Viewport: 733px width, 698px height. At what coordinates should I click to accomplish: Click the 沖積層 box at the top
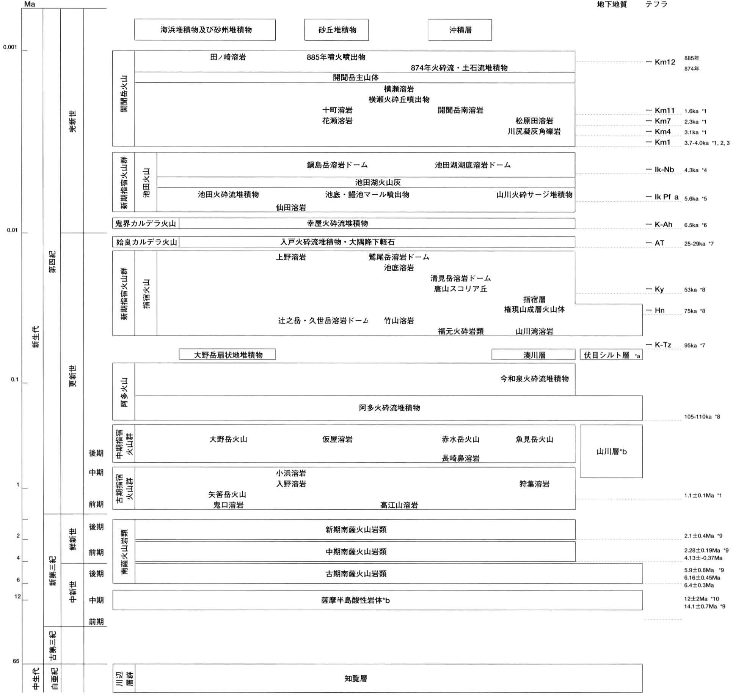[460, 30]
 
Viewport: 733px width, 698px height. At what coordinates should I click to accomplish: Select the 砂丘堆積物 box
[336, 30]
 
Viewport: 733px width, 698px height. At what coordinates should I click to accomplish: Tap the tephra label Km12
[665, 62]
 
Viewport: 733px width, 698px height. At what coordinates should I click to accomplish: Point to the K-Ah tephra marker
[663, 224]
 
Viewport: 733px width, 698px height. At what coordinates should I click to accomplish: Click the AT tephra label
[659, 243]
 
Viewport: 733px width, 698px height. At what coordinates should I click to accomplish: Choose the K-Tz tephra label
[663, 345]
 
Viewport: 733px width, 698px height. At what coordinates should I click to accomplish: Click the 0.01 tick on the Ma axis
[12, 230]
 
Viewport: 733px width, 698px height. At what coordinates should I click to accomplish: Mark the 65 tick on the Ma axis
[16, 661]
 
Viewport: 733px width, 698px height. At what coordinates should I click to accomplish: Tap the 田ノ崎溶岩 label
[228, 57]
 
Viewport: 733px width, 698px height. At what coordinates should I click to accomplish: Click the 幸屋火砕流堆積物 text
[337, 223]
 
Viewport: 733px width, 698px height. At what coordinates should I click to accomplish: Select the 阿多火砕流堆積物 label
[389, 408]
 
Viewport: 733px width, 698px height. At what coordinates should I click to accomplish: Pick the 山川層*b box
[611, 451]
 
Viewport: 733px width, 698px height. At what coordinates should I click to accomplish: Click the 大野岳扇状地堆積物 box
[227, 355]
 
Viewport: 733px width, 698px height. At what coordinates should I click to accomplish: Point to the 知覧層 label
[356, 678]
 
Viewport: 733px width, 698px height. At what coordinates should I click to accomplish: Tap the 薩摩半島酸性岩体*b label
[355, 600]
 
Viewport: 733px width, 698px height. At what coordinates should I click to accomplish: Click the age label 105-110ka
[698, 417]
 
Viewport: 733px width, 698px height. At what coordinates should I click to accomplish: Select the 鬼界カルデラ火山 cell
[146, 223]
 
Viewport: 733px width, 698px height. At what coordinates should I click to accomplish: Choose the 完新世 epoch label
[72, 121]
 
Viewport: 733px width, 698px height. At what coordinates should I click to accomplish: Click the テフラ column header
[656, 4]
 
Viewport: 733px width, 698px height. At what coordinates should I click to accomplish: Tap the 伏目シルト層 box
[611, 355]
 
